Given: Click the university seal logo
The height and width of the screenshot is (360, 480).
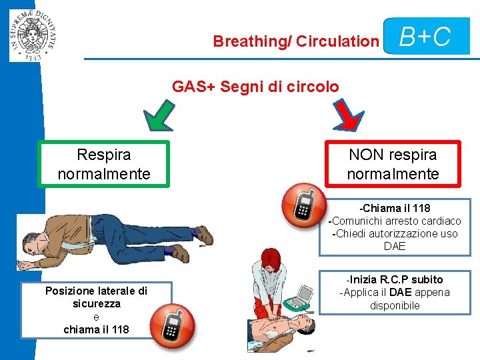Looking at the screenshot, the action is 33,31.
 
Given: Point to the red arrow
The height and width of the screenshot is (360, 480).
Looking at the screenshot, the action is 347,115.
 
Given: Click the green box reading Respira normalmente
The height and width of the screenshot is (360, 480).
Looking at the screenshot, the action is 104,165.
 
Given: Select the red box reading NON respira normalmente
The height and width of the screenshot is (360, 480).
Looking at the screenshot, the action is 393,165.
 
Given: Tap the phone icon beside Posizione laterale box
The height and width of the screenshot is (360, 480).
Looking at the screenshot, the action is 171,325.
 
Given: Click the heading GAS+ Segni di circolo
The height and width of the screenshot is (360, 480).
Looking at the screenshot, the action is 255,87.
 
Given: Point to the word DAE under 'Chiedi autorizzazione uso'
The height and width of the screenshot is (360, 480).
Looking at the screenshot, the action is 395,247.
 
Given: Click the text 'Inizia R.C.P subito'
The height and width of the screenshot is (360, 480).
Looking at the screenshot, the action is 395,279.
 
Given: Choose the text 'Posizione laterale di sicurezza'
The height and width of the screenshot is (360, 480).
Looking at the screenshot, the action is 96,297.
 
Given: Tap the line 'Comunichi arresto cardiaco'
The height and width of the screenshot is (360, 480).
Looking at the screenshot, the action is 395,221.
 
